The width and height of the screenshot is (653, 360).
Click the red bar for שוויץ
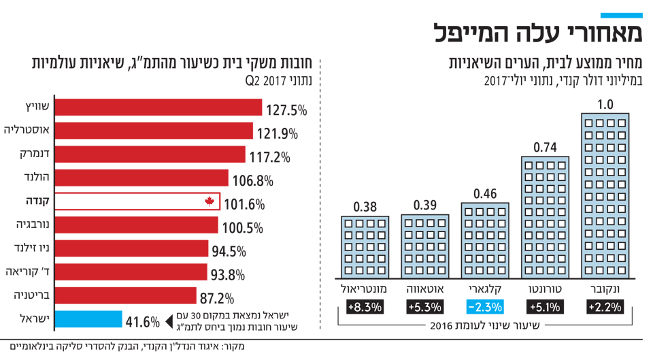point(156,108)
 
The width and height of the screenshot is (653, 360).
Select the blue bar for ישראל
point(87,320)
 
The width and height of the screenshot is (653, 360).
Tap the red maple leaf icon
point(210,201)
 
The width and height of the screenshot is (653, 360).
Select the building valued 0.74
point(546,217)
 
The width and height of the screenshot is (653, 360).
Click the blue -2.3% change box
point(485,307)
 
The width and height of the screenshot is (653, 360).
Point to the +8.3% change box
point(365,307)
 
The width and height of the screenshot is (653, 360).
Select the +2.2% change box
point(605,307)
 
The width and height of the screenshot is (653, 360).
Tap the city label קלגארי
point(485,290)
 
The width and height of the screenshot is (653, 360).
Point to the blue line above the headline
point(621,15)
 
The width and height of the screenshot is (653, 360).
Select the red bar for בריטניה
point(124,296)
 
